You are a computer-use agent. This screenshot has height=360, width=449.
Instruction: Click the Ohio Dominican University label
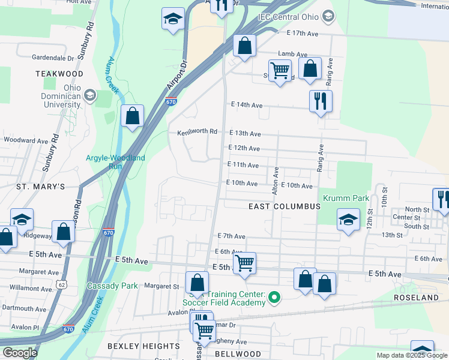60,96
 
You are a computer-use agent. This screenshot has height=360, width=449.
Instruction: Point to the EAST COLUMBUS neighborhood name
285,206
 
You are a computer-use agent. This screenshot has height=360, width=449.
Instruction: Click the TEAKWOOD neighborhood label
59,73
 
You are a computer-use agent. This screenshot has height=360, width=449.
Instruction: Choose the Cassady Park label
112,286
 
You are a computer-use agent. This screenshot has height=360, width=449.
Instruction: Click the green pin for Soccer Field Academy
275,296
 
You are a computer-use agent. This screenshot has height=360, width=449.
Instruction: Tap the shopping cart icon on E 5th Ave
244,263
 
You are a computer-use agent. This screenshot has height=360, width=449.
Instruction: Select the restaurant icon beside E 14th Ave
321,100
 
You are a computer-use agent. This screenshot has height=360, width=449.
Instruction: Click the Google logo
20,353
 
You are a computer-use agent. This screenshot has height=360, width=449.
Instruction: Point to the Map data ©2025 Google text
411,355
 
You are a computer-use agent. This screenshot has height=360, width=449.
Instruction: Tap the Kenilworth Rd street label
197,133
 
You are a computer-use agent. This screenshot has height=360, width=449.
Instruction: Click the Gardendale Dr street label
53,58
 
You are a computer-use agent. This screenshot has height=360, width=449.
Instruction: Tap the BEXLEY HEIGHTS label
143,346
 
